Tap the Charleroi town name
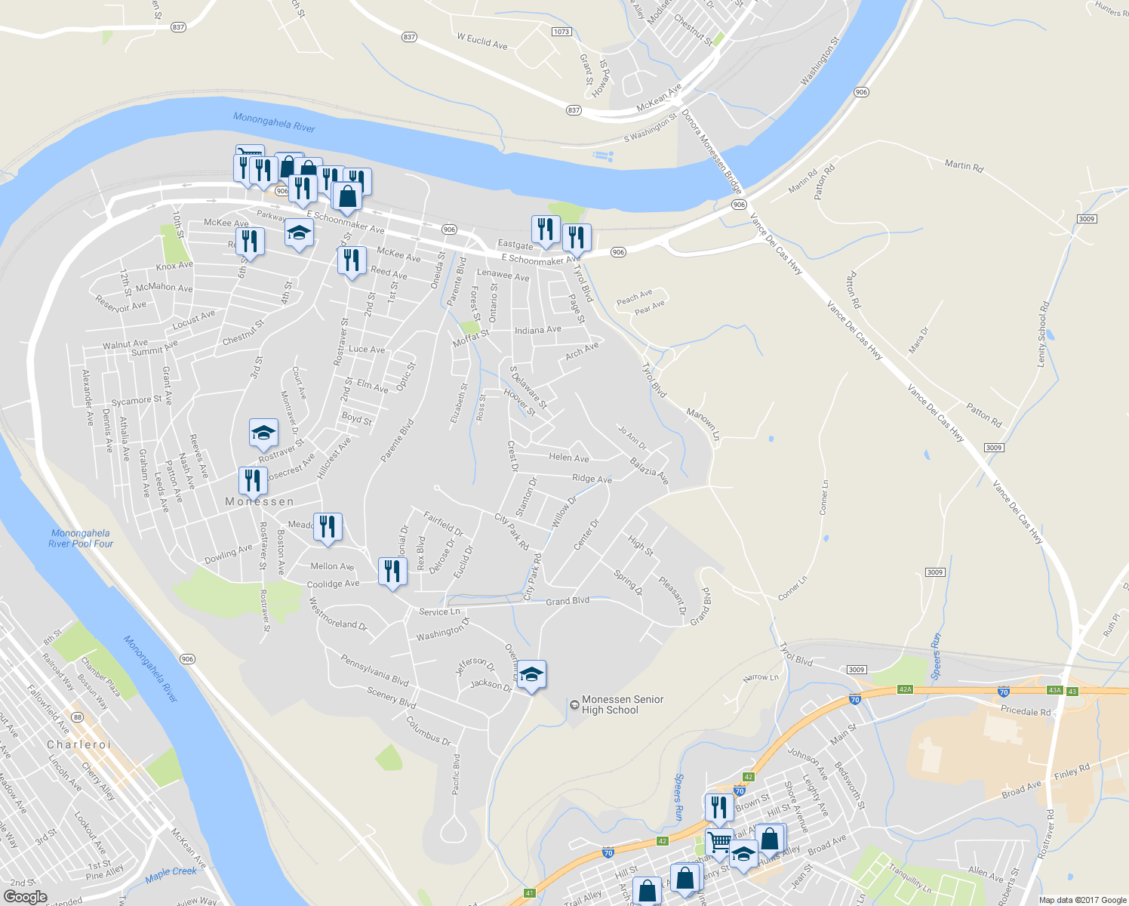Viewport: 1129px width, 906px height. tap(79, 744)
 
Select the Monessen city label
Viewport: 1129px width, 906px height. tap(260, 501)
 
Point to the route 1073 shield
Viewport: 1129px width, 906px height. tap(561, 32)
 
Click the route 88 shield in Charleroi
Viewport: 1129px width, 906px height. tap(77, 717)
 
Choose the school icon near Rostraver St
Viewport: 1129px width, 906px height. tap(263, 433)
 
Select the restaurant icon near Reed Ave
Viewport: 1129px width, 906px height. tap(352, 260)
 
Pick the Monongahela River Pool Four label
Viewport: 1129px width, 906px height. tap(81, 538)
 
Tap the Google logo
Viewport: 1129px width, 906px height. tap(25, 896)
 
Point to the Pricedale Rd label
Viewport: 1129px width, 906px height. tap(1025, 711)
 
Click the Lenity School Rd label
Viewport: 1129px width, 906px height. tap(1042, 334)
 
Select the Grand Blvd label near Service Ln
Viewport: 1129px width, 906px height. tap(567, 601)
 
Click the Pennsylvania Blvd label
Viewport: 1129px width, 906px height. tap(374, 670)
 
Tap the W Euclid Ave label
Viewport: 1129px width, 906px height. tap(482, 41)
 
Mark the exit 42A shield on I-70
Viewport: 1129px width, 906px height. tap(906, 689)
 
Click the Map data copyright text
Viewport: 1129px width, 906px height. tap(1082, 900)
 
